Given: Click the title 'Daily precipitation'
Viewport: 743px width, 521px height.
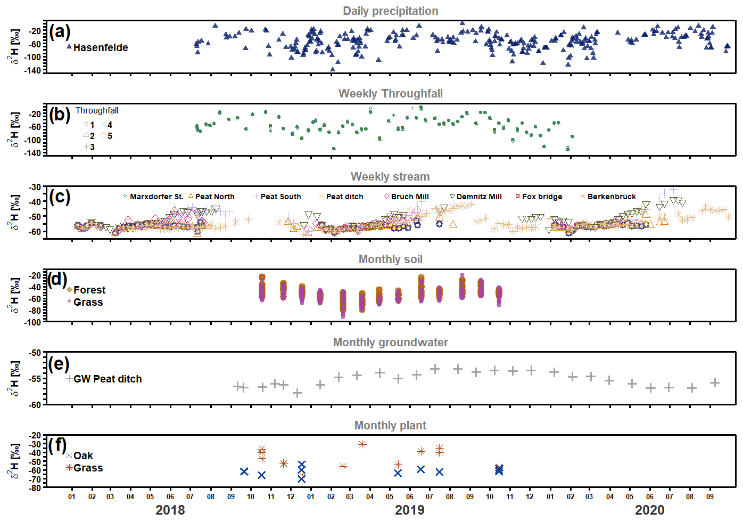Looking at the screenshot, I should coord(390,11).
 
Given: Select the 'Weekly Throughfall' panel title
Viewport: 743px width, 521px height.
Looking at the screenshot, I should coord(390,94).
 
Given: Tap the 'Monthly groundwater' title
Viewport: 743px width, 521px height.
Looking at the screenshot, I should coord(390,343).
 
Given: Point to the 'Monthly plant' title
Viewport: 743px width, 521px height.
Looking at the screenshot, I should coord(390,426).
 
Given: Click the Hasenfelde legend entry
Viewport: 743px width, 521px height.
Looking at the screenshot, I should coord(100,47).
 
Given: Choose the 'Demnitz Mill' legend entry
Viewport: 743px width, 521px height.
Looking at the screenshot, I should coord(478,197).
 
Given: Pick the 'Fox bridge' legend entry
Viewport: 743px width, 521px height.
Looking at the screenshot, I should coord(541,197).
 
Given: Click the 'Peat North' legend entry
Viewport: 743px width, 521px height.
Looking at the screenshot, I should coord(214,197).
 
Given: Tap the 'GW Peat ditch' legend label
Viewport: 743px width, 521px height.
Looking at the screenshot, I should coord(107,379).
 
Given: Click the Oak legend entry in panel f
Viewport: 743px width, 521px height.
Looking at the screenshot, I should coord(83,455).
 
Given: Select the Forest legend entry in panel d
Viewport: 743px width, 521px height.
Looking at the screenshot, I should coord(89,290).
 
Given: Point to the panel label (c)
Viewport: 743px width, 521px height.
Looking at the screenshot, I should coord(60,197).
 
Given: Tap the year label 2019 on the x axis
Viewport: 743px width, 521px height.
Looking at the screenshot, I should coord(409,510).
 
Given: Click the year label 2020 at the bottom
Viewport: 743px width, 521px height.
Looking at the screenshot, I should coord(649,510).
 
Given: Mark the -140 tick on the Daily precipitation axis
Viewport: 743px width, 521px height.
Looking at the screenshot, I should coord(32,70).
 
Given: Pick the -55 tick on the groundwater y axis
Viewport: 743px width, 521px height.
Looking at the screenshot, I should coord(35,379).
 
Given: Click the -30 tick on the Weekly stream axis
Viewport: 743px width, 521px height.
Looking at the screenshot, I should coord(35,187).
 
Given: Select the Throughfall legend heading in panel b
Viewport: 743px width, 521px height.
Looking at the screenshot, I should coord(96,111).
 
